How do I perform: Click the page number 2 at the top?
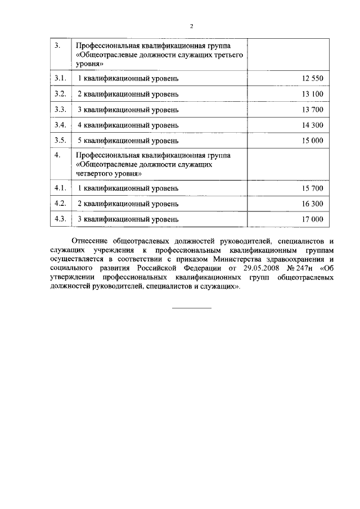pos(191,26)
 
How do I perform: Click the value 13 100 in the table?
pos(313,93)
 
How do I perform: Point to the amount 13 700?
pos(313,109)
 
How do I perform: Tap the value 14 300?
pos(313,125)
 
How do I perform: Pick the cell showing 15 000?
pos(313,141)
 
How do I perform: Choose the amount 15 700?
pos(313,188)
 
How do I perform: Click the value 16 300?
pos(313,204)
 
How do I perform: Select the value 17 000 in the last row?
pos(313,219)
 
